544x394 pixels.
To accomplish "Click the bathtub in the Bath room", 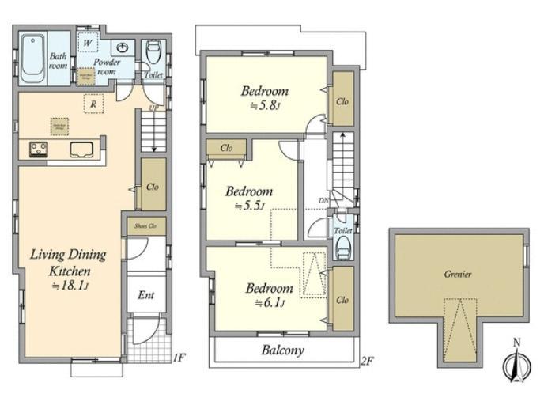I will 33,57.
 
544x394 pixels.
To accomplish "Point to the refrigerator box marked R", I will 93,104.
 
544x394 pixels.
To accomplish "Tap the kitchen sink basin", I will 82,149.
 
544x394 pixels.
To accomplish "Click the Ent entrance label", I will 147,296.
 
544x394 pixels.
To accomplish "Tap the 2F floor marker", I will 366,358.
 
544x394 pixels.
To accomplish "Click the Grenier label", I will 457,275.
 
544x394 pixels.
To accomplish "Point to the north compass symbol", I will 515,363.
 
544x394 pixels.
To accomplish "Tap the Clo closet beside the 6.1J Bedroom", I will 342,300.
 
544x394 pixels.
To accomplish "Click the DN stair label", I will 323,201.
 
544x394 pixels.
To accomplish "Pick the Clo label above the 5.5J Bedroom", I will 226,148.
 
